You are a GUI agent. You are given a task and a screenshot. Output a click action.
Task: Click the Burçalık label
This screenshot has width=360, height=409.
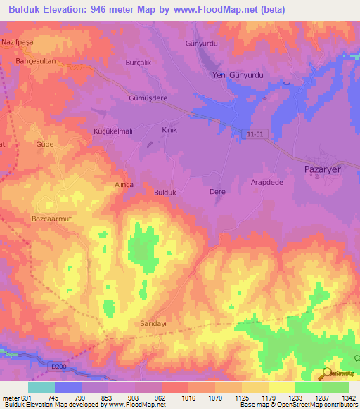coord(138,62)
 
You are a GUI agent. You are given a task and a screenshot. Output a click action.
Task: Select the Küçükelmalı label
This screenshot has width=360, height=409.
coord(113,131)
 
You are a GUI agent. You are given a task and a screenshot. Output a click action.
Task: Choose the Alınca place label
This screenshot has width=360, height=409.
coord(124,184)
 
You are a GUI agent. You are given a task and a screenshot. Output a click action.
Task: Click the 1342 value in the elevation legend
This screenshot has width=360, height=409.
coord(347,398)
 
